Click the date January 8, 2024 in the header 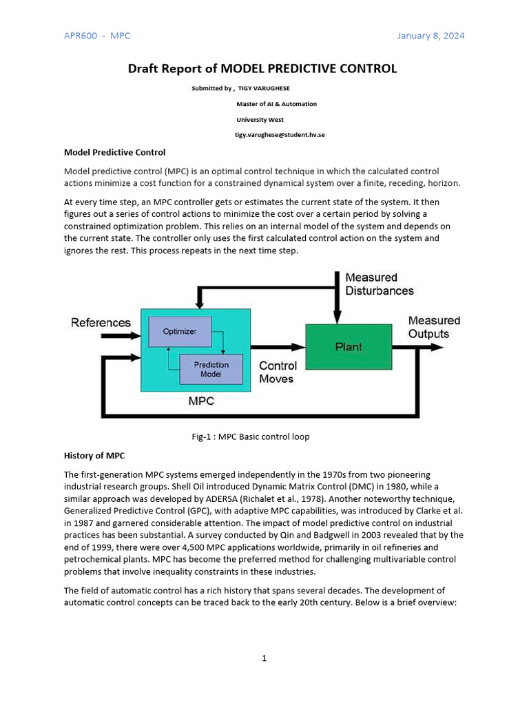click(431, 36)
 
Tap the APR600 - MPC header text click(97, 36)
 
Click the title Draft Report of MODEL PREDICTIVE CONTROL click(262, 68)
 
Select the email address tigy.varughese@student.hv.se click(280, 134)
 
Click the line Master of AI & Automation click(276, 104)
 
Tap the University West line click(260, 119)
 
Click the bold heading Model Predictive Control click(114, 152)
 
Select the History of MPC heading click(94, 455)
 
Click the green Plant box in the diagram click(349, 347)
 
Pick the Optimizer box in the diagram click(179, 331)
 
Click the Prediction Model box click(211, 370)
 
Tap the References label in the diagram click(101, 322)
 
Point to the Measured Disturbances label click(380, 284)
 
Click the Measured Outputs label click(434, 327)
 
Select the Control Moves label click(278, 372)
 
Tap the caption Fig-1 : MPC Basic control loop click(250, 436)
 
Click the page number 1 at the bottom click(264, 658)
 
